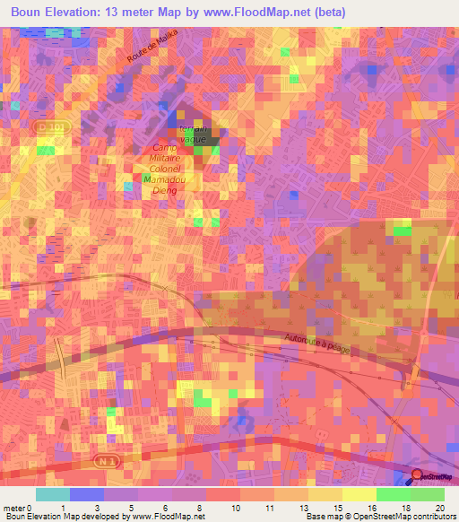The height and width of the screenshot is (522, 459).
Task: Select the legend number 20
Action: (x=438, y=507)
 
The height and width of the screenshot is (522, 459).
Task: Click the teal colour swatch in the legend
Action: (x=52, y=494)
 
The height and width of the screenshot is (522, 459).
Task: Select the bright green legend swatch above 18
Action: (x=393, y=494)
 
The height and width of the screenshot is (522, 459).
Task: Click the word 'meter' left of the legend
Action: (x=13, y=507)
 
